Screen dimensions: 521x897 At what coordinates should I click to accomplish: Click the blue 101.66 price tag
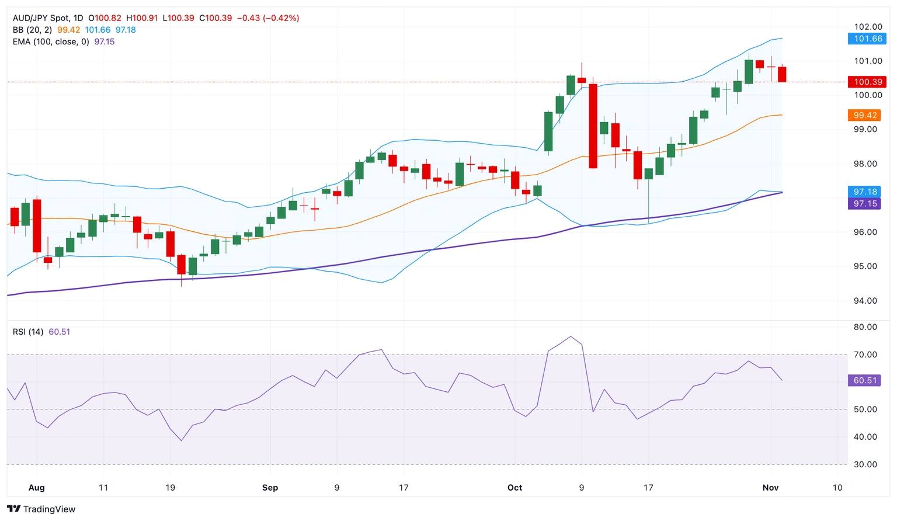868,39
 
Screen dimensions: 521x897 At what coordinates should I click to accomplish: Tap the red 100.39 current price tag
868,82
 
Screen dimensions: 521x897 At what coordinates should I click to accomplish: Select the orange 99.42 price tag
865,115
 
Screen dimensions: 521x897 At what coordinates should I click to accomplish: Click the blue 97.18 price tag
865,192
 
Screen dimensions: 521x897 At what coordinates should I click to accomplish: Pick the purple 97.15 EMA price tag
865,204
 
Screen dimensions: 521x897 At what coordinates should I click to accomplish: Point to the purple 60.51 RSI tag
865,380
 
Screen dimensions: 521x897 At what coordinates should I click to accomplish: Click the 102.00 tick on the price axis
868,27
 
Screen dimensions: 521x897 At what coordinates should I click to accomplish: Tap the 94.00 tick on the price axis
865,301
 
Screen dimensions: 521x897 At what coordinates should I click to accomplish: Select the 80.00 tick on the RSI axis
865,327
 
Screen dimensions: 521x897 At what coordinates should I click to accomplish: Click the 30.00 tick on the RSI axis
865,464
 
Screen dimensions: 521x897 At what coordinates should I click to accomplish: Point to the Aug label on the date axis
36,488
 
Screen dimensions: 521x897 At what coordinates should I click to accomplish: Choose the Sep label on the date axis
270,488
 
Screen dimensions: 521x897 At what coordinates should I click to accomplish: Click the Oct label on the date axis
514,488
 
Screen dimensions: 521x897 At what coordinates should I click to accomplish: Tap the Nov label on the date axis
770,488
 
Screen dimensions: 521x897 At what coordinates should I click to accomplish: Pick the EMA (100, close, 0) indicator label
51,41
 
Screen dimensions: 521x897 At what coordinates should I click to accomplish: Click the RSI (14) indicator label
28,332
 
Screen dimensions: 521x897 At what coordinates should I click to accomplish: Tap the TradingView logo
41,509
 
